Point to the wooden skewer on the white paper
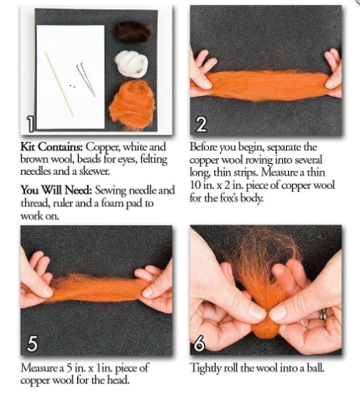(x=58, y=83)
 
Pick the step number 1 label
(x=29, y=124)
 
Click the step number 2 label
(x=201, y=123)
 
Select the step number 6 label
(x=201, y=343)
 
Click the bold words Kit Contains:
(x=49, y=147)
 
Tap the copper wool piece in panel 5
(x=91, y=287)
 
